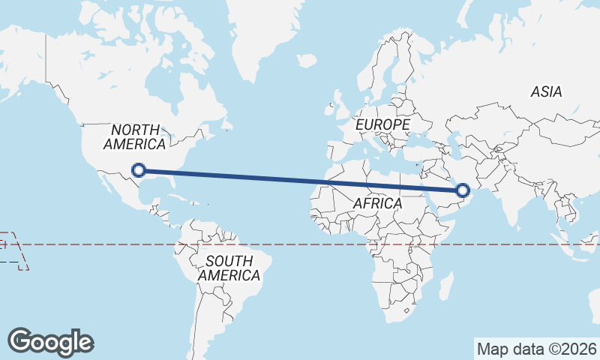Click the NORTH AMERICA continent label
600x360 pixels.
(135, 136)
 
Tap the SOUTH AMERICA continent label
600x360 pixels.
(229, 268)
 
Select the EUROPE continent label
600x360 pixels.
(383, 124)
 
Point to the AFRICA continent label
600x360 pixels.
(377, 203)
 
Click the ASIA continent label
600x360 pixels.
(546, 91)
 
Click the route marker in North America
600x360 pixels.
(138, 170)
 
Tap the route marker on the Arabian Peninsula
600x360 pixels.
(463, 190)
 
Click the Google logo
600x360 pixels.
(50, 341)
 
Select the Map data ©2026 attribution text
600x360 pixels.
(537, 349)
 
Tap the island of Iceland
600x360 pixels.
(306, 60)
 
